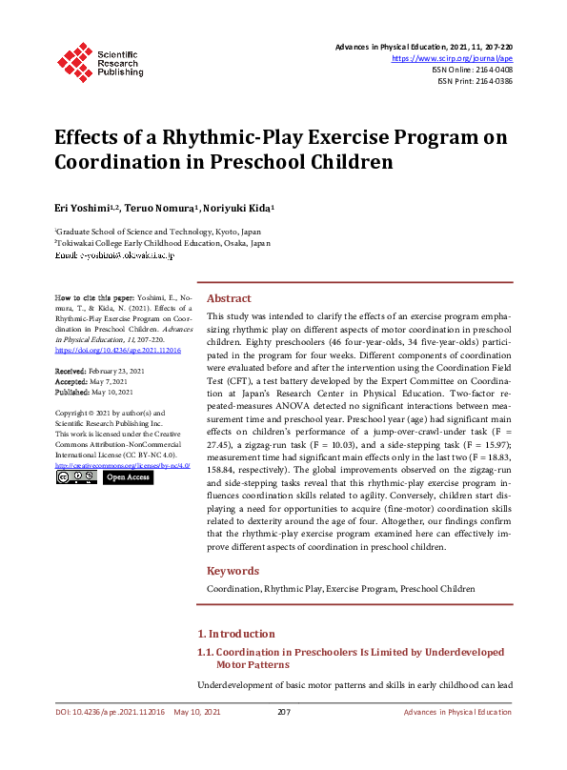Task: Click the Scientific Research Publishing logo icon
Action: point(71,60)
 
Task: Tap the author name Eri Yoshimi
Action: point(81,207)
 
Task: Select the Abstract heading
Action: point(229,298)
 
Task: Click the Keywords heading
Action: point(233,571)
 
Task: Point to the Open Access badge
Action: point(127,476)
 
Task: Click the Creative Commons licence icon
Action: point(76,476)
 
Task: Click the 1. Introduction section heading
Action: point(235,634)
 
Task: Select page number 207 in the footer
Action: point(283,712)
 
